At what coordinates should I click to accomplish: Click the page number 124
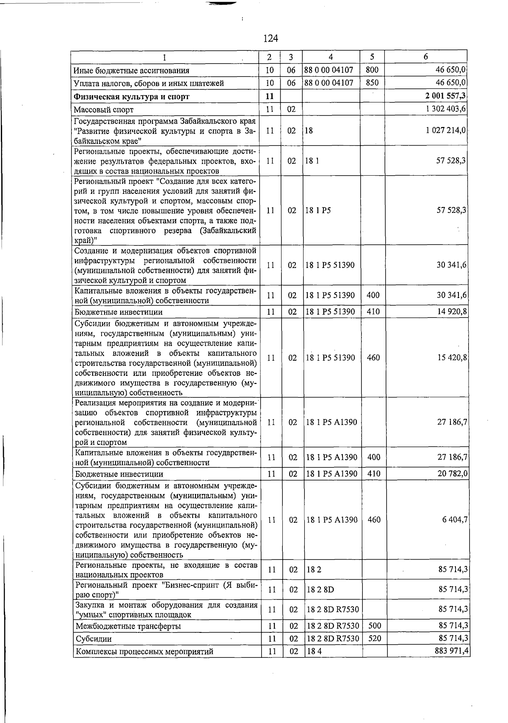(271, 39)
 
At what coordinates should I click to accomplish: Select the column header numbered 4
(330, 57)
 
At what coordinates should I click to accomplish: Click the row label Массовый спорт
(104, 110)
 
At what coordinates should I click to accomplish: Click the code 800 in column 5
(372, 70)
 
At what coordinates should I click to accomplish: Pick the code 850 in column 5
(372, 83)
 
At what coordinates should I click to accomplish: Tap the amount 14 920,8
(452, 312)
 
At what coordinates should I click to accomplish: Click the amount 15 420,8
(452, 358)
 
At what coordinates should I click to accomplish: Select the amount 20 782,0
(453, 474)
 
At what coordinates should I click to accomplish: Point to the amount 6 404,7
(455, 520)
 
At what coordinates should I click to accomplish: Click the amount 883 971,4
(451, 651)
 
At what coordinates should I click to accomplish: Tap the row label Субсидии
(94, 639)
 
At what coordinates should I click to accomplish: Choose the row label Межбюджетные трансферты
(128, 626)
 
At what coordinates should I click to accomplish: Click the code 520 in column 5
(375, 638)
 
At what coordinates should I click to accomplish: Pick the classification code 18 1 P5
(318, 210)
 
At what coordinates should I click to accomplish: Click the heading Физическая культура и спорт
(131, 97)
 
